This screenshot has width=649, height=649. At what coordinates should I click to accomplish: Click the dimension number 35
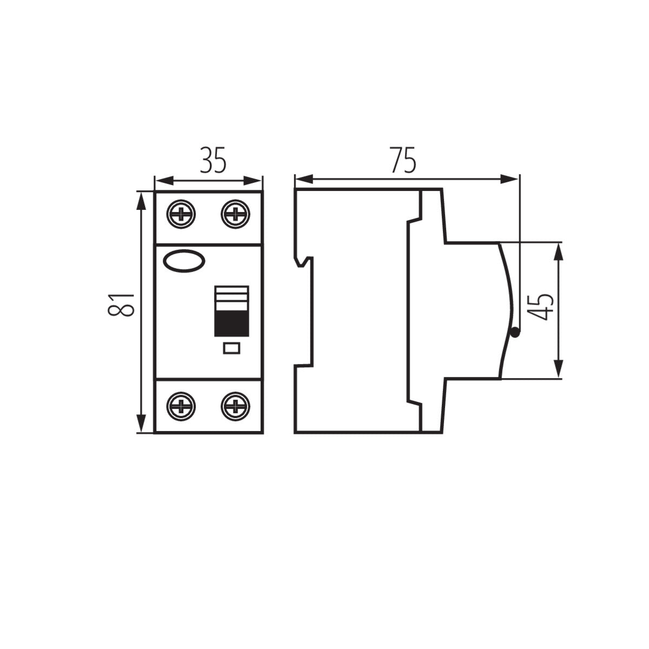pos(212,160)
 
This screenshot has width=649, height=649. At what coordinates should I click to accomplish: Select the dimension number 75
pos(403,160)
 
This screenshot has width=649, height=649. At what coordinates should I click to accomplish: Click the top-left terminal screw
pos(182,215)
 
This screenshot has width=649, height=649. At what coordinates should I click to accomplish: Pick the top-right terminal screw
pos(235,215)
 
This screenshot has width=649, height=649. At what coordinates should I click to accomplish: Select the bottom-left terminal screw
pos(182,406)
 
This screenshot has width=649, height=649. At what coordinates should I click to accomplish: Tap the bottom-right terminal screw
pos(235,406)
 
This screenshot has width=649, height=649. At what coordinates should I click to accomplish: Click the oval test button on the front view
pos(184,261)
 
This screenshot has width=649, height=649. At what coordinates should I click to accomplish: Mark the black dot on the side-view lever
pos(514,333)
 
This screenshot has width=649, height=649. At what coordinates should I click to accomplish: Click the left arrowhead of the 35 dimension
pos(162,180)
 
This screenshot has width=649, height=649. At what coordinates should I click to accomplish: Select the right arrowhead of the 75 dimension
pos(511,179)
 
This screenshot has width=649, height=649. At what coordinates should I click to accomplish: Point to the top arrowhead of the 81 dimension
pos(141,200)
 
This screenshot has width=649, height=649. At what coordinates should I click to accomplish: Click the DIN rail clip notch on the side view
pos(304,262)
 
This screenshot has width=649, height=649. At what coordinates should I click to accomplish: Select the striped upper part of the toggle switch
pos(231,297)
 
